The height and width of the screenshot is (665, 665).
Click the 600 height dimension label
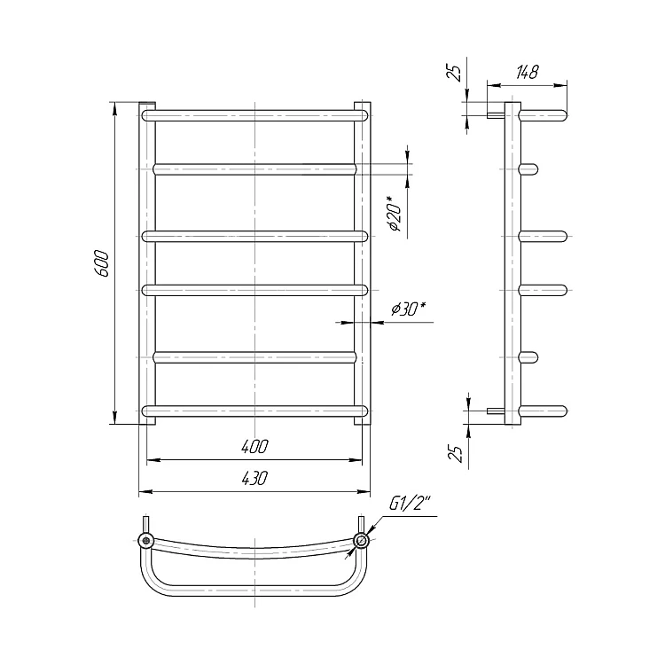coord(102,263)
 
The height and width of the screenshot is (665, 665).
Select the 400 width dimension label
coord(254,447)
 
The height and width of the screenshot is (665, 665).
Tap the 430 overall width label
coord(254,479)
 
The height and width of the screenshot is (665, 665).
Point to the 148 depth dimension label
coord(528,73)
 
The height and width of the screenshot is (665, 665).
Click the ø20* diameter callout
coord(394,214)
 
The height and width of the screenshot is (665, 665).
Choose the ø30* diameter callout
coord(409,309)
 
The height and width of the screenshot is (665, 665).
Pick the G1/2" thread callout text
coord(410,504)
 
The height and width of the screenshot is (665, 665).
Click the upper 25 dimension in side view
coord(454,74)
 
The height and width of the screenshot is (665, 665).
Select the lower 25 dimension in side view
coord(454,454)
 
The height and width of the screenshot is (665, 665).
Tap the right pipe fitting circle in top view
coord(362,540)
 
